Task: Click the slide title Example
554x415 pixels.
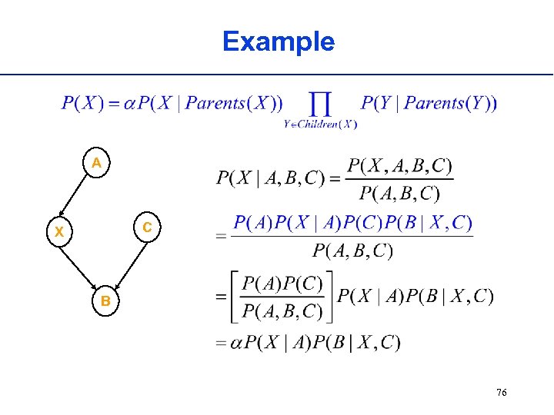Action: [278, 41]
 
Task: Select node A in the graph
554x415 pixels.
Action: [95, 163]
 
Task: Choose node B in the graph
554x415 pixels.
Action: [105, 301]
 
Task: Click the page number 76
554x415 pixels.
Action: [501, 393]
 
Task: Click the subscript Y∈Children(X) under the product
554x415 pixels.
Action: [320, 124]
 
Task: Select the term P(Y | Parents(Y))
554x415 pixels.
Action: [429, 102]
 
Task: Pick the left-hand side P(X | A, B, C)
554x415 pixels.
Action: [271, 178]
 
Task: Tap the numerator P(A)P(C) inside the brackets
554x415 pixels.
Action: [282, 284]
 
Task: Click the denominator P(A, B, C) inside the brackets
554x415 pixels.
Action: [282, 310]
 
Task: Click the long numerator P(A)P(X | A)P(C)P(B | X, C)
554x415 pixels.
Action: [353, 223]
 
